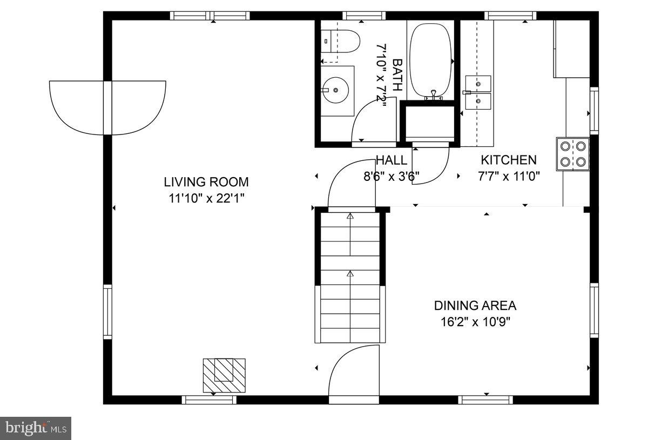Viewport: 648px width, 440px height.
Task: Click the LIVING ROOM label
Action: (x=206, y=182)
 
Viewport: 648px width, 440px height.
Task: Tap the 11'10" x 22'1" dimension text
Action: (x=206, y=199)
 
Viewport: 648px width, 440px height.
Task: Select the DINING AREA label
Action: (x=475, y=306)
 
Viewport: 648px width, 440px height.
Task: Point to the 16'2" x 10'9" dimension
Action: (x=475, y=322)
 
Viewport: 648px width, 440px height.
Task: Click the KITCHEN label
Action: (x=509, y=160)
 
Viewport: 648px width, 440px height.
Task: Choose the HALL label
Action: (x=391, y=160)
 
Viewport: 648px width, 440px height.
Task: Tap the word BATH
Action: (x=397, y=75)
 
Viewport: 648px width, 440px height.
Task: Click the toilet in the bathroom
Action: (x=340, y=42)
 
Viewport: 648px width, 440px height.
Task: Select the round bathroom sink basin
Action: (x=336, y=90)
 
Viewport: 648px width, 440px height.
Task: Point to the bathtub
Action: (x=431, y=61)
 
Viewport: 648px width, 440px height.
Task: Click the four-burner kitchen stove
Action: (x=573, y=154)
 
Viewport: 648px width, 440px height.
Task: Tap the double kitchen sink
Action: (x=478, y=92)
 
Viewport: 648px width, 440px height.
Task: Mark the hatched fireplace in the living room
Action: (x=224, y=376)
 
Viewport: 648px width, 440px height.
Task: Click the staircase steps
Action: (x=350, y=277)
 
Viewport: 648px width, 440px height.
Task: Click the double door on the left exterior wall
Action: (x=107, y=107)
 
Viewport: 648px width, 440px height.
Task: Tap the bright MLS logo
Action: (x=36, y=429)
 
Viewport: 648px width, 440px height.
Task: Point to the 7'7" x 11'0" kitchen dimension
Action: (x=509, y=176)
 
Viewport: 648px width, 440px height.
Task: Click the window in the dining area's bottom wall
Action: (x=485, y=400)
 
